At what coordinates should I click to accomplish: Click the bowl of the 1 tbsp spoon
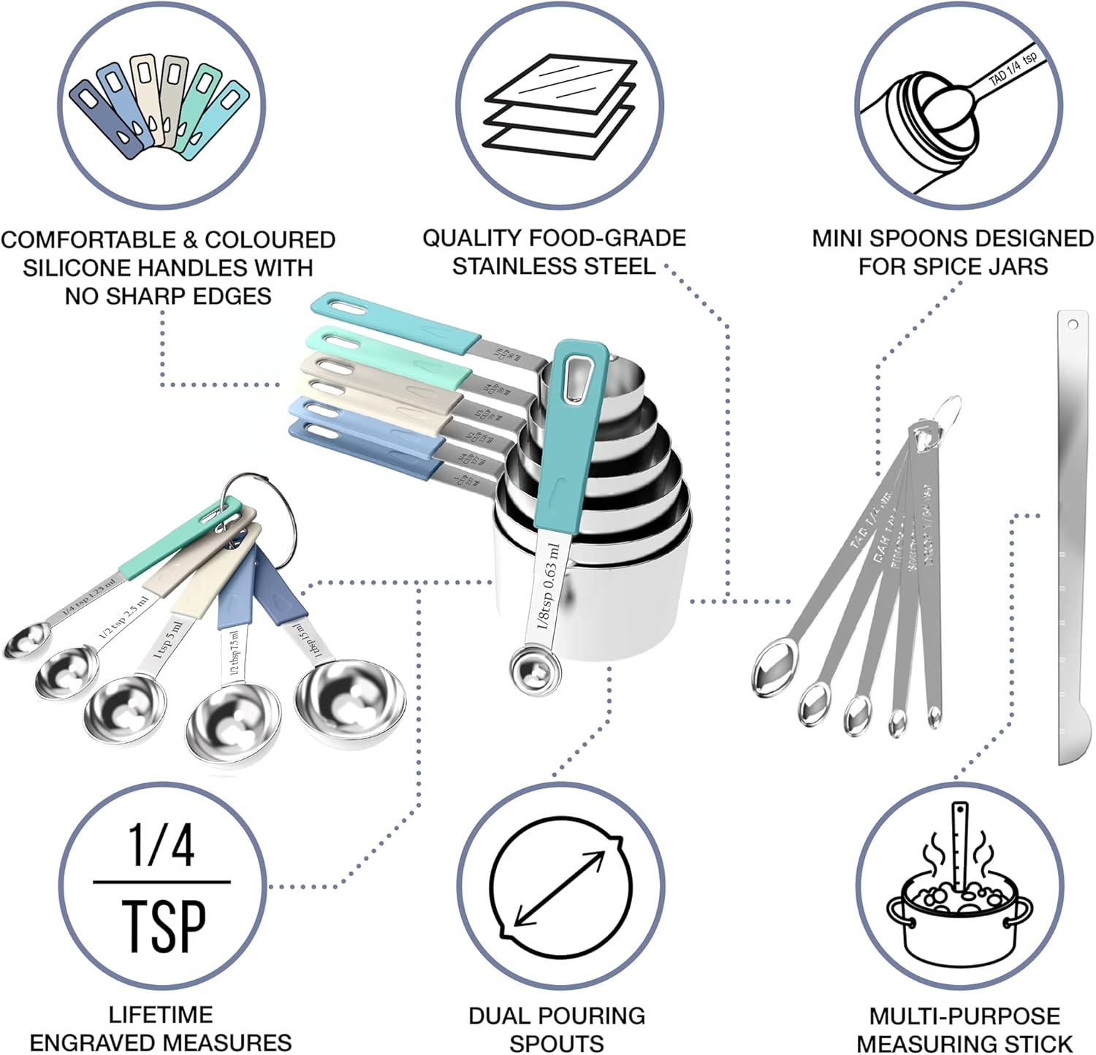[x=349, y=701]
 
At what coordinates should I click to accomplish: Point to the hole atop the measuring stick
[x=1073, y=323]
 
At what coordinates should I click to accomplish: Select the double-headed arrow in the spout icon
[x=560, y=888]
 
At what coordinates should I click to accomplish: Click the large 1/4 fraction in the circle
[x=161, y=846]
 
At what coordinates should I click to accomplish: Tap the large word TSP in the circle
[x=163, y=926]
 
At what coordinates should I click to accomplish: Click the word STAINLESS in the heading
[x=508, y=266]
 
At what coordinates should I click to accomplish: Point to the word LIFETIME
[x=161, y=1014]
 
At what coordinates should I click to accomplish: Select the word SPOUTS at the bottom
[x=556, y=1043]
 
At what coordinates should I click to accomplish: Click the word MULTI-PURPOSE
[x=964, y=1016]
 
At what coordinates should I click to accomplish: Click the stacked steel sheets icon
[x=560, y=106]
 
